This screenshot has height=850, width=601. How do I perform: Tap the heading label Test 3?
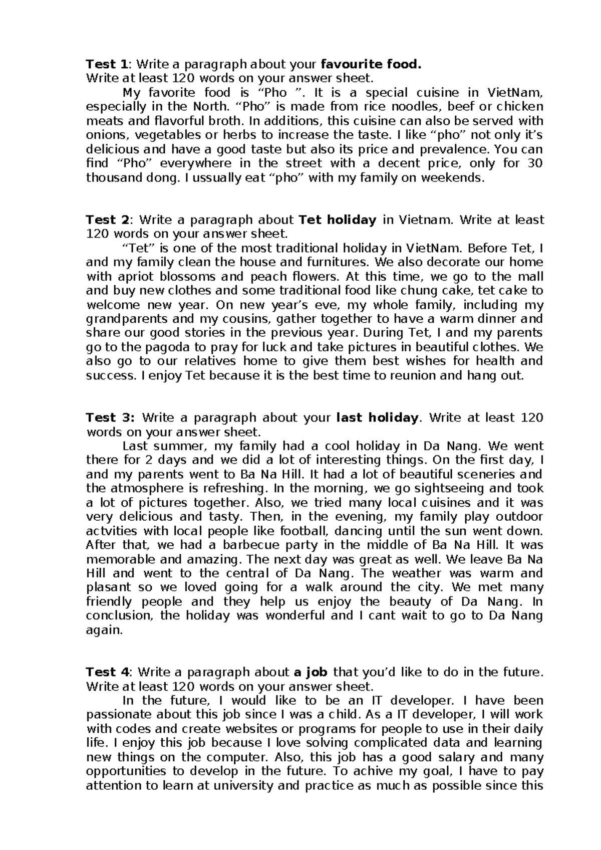tap(110, 418)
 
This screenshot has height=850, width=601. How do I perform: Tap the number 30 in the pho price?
tap(535, 163)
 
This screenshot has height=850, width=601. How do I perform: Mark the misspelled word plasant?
tap(109, 587)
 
